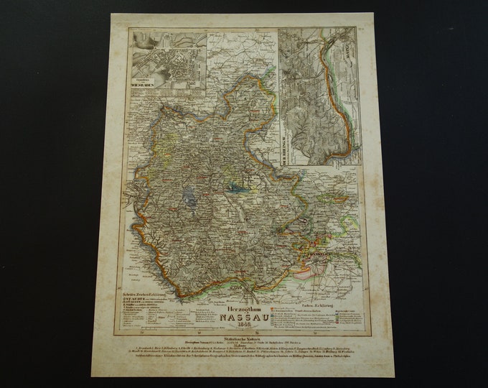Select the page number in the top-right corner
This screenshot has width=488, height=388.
[361, 29]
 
